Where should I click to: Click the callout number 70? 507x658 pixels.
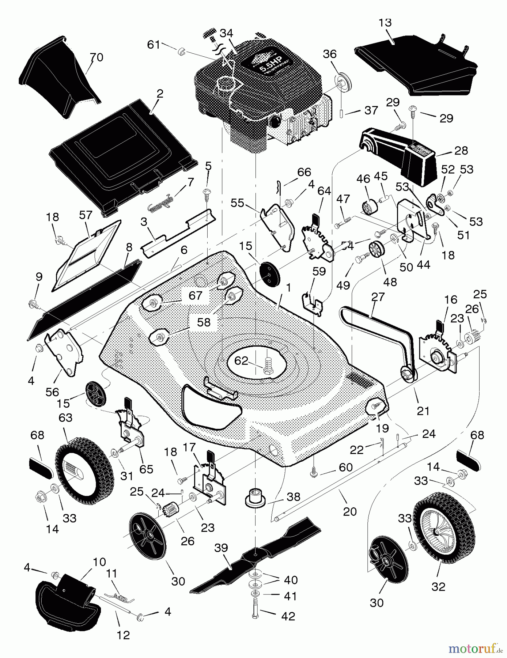click(x=97, y=57)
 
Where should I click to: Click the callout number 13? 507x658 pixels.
click(x=385, y=23)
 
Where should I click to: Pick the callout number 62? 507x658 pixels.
click(x=241, y=361)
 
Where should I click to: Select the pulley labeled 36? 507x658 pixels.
click(x=343, y=82)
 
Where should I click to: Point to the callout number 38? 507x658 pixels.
click(x=293, y=496)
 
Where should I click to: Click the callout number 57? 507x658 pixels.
click(x=86, y=215)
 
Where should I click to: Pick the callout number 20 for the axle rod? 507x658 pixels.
click(x=350, y=511)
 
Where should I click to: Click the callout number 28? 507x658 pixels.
click(x=461, y=150)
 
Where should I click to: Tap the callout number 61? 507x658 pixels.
click(x=154, y=45)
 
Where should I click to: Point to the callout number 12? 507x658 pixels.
click(x=123, y=635)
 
